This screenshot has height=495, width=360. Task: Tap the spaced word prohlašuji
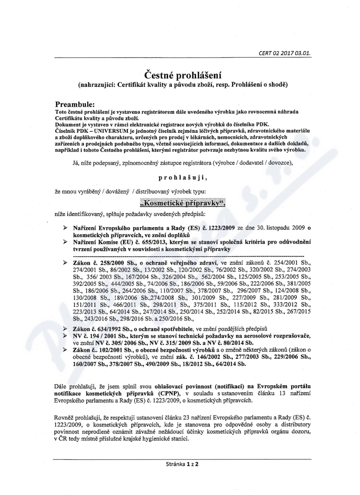179,178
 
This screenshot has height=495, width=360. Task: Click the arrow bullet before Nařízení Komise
65,242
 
